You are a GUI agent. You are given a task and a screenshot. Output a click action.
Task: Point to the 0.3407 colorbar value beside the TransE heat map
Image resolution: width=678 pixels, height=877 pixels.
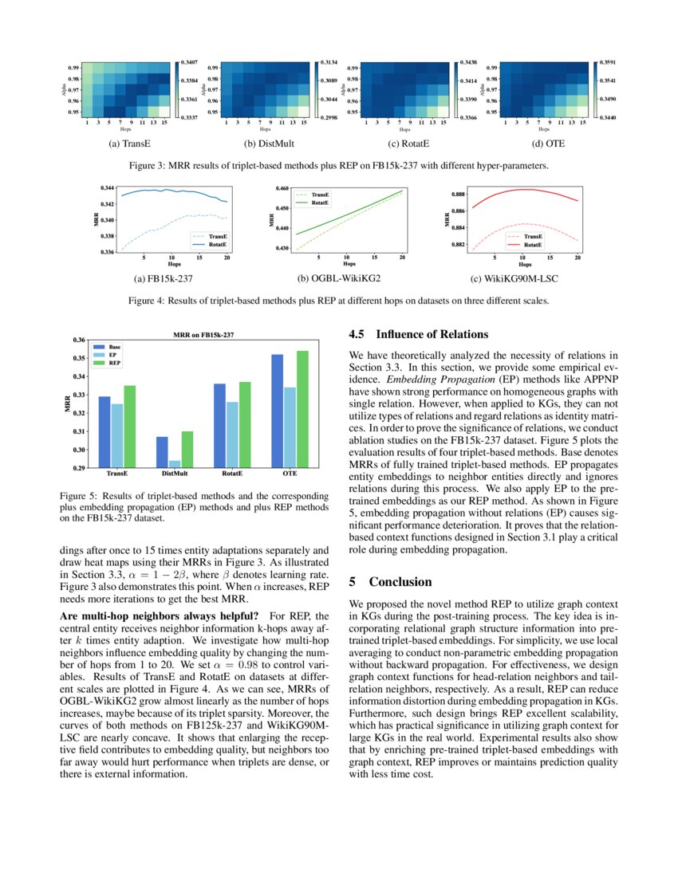[x=190, y=61]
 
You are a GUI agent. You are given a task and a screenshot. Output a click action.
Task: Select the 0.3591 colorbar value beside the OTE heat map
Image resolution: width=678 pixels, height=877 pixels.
[x=608, y=61]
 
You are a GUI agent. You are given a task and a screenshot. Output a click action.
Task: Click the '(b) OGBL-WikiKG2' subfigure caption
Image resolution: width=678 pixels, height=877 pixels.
[x=338, y=279]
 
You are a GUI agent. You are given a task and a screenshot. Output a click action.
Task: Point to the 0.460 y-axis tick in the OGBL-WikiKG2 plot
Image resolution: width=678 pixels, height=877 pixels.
[x=282, y=189]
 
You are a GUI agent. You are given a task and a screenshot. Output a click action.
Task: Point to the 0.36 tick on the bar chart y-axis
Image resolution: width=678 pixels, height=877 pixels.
[x=78, y=340]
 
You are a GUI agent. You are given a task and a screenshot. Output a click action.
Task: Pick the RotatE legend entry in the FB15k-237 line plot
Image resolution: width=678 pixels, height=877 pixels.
[x=213, y=245]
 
